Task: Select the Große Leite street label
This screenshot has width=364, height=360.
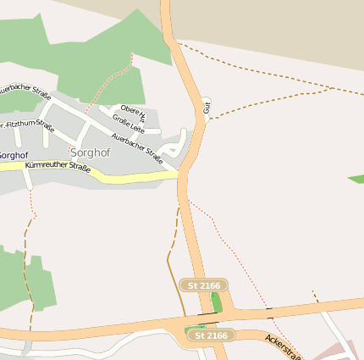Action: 129,125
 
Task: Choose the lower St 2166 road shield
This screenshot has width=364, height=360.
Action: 210,335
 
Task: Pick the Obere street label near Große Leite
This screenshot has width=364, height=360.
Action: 134,112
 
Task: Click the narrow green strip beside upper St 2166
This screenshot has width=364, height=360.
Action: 217,302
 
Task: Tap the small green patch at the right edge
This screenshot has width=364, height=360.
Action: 356,179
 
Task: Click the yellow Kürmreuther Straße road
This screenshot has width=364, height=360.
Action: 127,177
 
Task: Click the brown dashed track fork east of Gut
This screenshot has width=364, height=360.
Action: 328,88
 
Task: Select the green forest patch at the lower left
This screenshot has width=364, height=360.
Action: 25,280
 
